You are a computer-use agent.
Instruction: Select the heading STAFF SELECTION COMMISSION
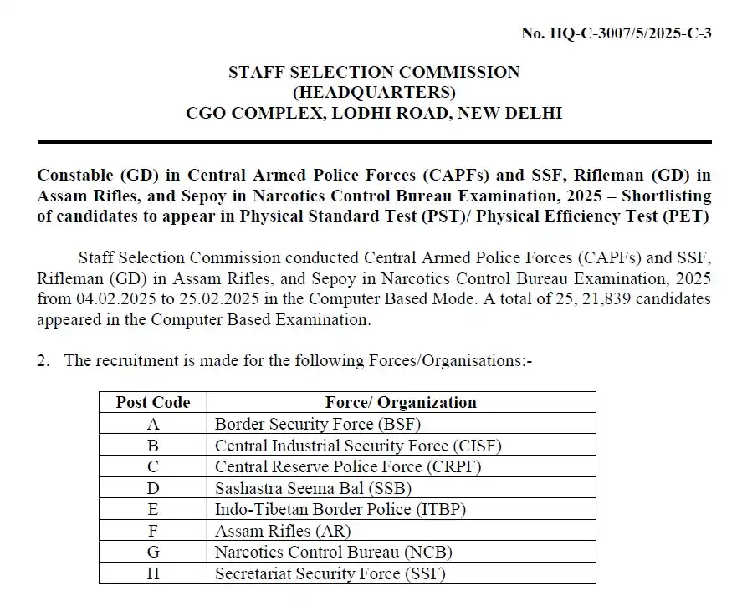click(374, 72)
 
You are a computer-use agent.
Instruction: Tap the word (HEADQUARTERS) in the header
click(374, 92)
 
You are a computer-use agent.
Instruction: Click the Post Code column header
click(153, 402)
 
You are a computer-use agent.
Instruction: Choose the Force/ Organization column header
click(401, 402)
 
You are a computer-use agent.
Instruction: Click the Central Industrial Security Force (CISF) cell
click(358, 446)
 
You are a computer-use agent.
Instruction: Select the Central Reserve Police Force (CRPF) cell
click(348, 466)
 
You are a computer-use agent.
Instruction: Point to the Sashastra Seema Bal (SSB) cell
click(313, 488)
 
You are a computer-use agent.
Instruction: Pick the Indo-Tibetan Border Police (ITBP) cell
click(340, 509)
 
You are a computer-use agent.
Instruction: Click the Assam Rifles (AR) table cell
click(283, 531)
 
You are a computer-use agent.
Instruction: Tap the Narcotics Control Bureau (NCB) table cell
click(334, 552)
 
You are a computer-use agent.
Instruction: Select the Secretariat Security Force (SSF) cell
click(330, 573)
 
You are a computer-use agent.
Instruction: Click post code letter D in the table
click(153, 488)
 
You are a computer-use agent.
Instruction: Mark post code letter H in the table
click(153, 573)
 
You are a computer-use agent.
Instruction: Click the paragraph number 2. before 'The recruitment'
click(43, 361)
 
